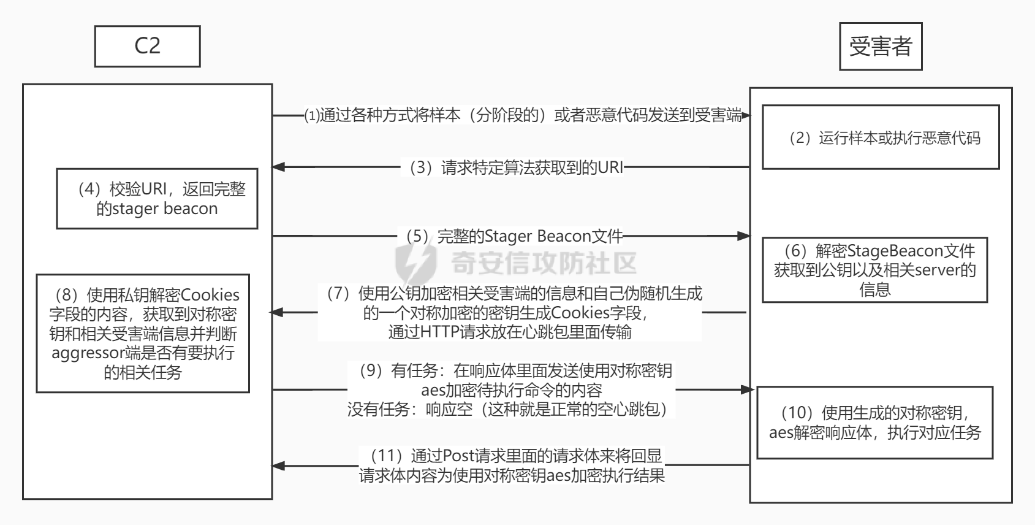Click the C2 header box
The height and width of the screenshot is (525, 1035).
click(x=147, y=46)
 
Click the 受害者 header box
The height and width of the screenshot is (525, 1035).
click(x=880, y=47)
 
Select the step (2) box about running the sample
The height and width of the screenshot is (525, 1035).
click(x=880, y=137)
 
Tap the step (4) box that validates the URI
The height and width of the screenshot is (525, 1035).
click(x=157, y=199)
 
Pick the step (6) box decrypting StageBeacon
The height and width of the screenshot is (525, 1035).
click(x=874, y=270)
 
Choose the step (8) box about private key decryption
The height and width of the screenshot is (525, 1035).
click(x=143, y=333)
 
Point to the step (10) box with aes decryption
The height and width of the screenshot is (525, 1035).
click(x=874, y=423)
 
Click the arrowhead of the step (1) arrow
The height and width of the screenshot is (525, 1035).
click(x=746, y=115)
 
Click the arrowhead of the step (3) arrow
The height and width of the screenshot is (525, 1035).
click(x=278, y=166)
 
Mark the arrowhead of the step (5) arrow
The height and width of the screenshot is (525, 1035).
click(x=745, y=236)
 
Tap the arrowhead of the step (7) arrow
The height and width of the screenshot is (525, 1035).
click(x=277, y=312)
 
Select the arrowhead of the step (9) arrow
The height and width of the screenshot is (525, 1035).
click(x=747, y=389)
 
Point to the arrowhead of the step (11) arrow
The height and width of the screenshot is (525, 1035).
click(x=278, y=466)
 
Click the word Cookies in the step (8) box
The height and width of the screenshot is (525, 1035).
click(x=210, y=295)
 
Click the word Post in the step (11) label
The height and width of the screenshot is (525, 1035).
click(x=457, y=456)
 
